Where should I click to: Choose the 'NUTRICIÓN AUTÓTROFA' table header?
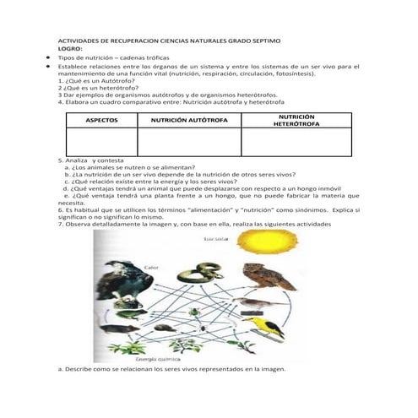pos(190,121)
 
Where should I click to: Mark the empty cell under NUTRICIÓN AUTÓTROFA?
pos(190,141)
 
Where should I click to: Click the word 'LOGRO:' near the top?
pos(69,50)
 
